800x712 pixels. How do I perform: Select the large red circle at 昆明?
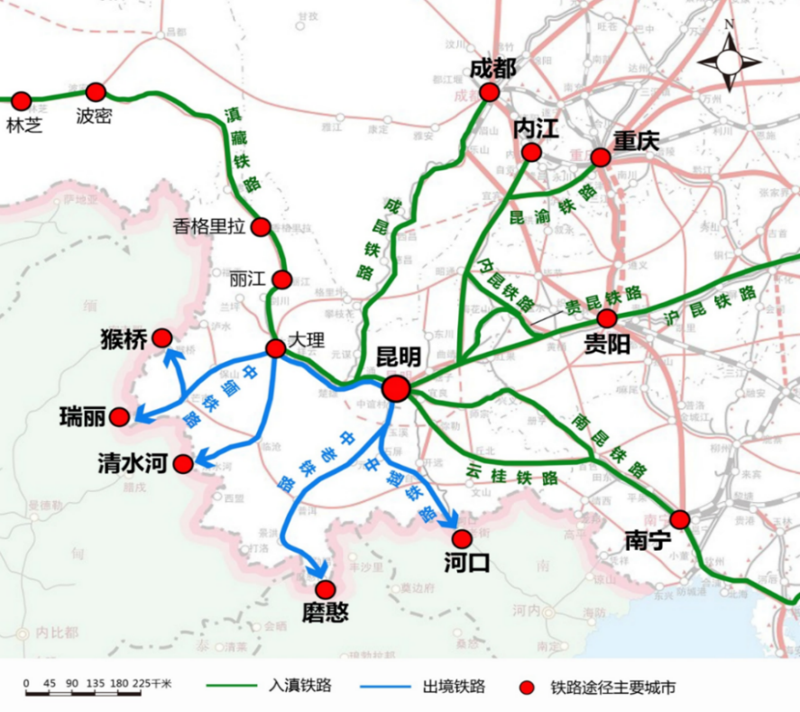click(396, 388)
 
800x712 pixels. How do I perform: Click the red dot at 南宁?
click(680, 519)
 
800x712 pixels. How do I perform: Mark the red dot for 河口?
click(462, 539)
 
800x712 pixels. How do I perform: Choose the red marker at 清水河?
click(183, 464)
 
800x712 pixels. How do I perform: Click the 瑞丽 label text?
click(82, 416)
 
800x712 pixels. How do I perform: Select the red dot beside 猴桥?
click(162, 338)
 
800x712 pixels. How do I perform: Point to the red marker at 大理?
click(276, 349)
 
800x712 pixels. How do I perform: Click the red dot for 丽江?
click(282, 279)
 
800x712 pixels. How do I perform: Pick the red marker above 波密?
click(96, 92)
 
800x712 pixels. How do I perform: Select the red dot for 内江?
click(531, 152)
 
